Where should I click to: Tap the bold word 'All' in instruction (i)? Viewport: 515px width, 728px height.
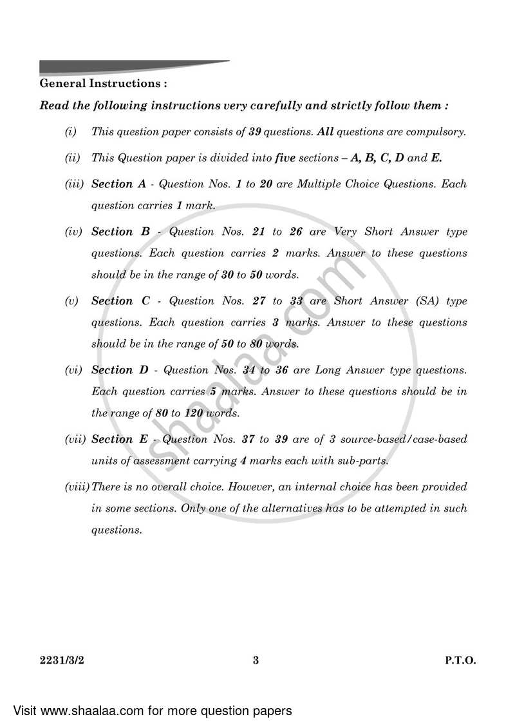pos(324,132)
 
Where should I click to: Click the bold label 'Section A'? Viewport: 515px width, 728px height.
pos(118,184)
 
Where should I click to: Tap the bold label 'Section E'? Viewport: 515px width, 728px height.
pos(119,440)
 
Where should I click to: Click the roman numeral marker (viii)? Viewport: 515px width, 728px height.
pos(77,487)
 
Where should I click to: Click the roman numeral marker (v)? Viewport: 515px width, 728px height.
pos(71,301)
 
